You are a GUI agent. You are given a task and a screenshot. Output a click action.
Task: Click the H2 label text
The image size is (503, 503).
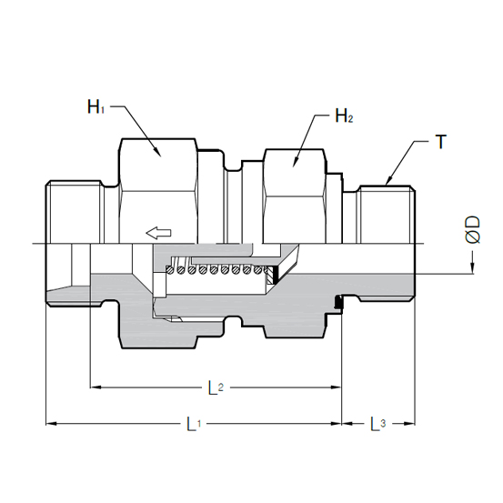coord(344,116)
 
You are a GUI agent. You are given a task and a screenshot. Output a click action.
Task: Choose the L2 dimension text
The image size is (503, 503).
coord(213,388)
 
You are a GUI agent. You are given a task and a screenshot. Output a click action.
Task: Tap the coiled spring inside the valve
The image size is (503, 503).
coord(218,269)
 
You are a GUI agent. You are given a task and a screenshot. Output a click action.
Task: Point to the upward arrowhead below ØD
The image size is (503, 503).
coord(472,267)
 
